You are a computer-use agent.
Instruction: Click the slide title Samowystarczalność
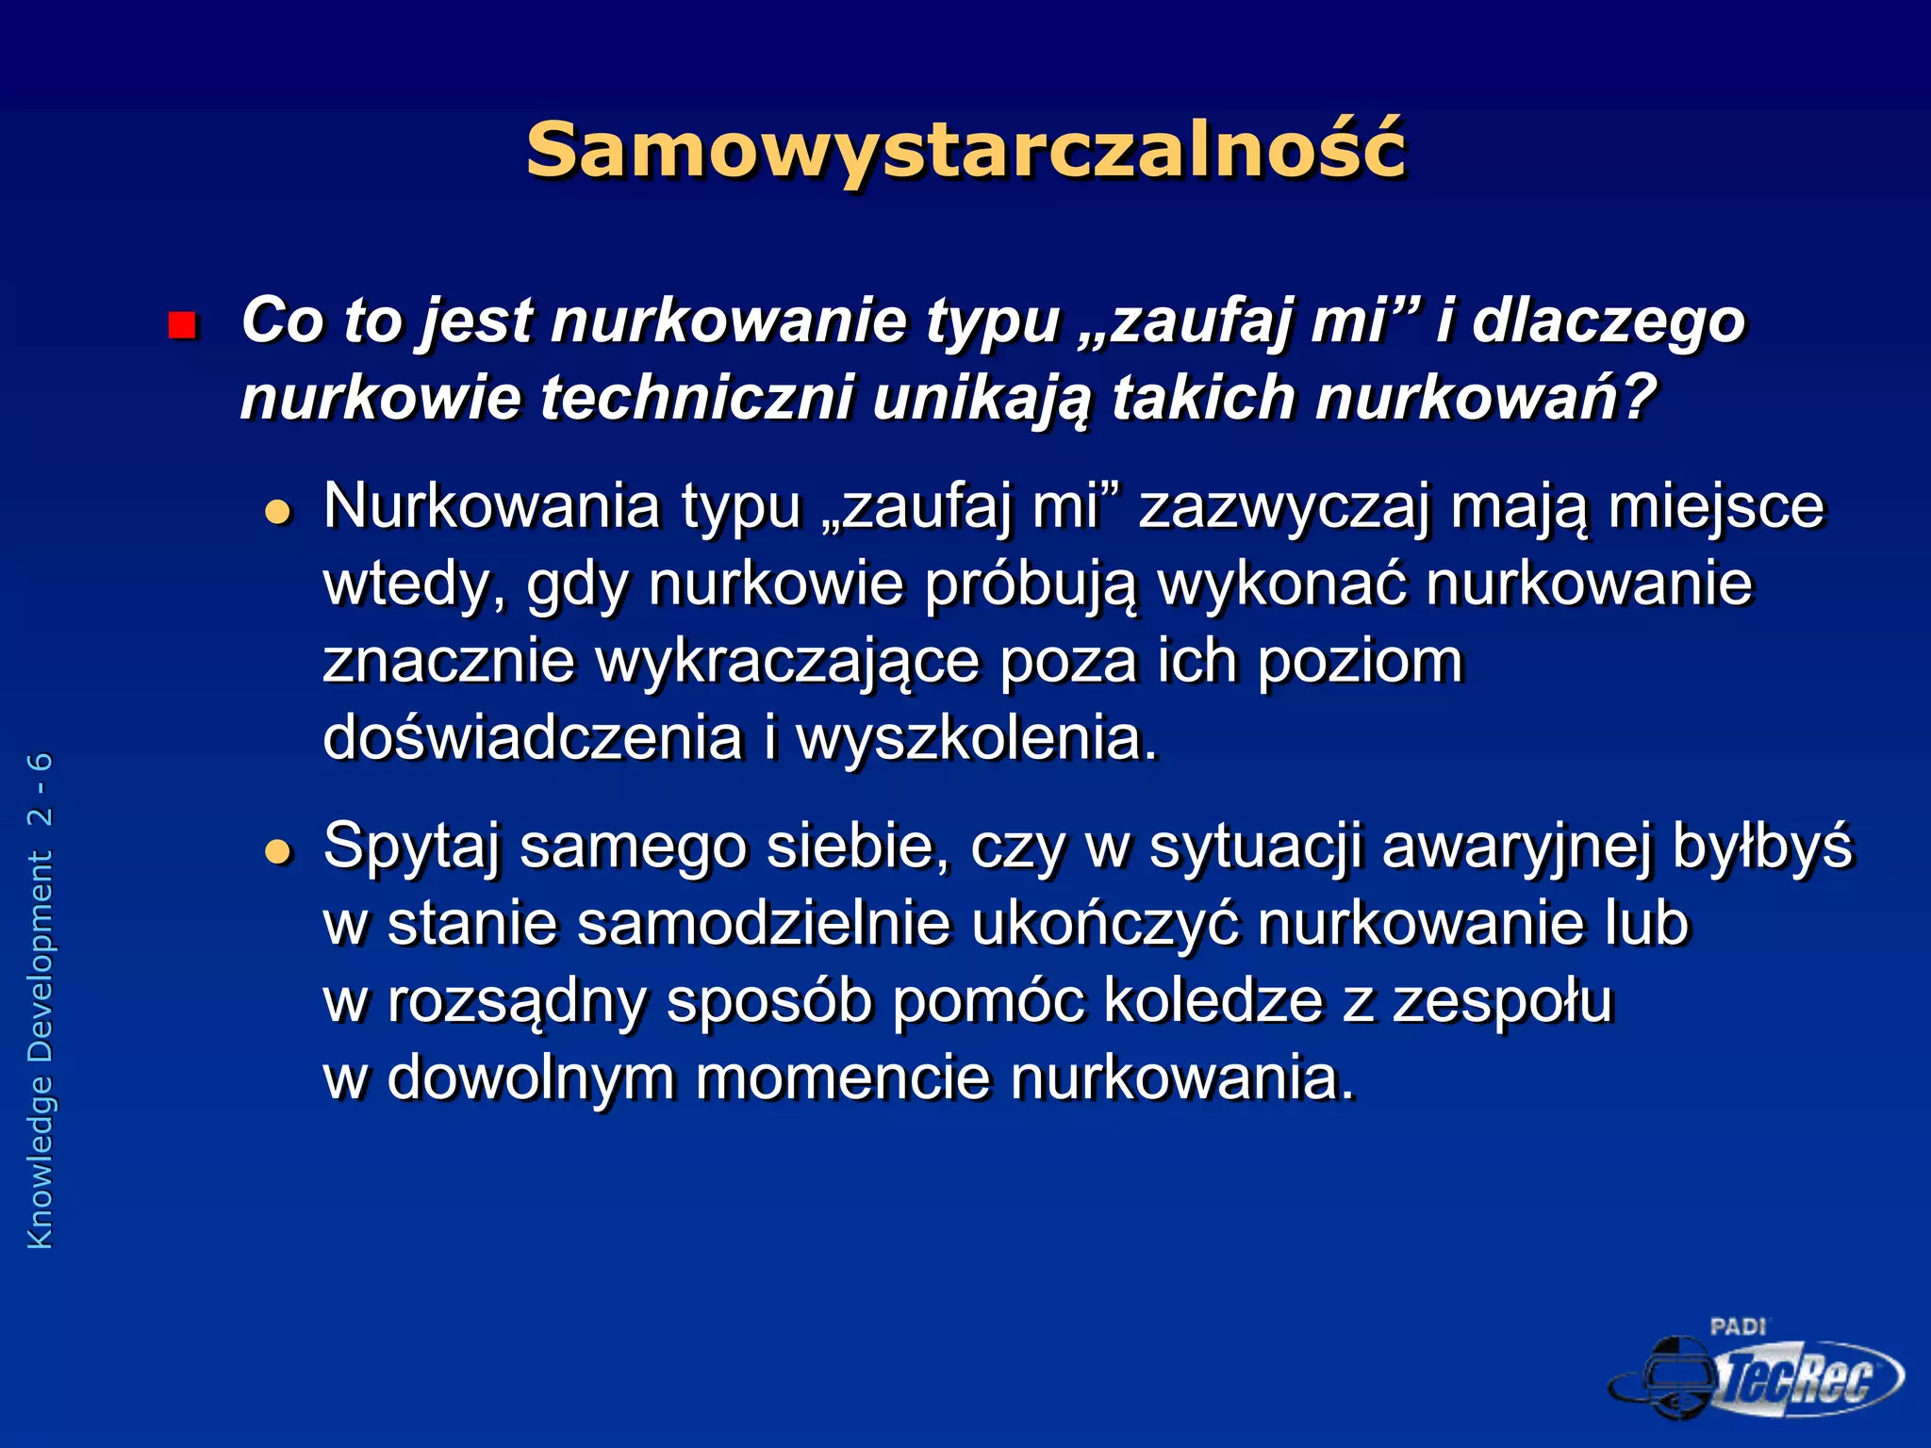965,151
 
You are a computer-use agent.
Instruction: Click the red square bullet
181,326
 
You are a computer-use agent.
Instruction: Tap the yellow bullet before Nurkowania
278,512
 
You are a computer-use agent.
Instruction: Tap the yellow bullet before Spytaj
278,852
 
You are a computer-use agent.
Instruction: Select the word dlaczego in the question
1609,322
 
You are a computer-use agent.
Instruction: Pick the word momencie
843,1078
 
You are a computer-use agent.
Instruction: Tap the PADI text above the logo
1737,1327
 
